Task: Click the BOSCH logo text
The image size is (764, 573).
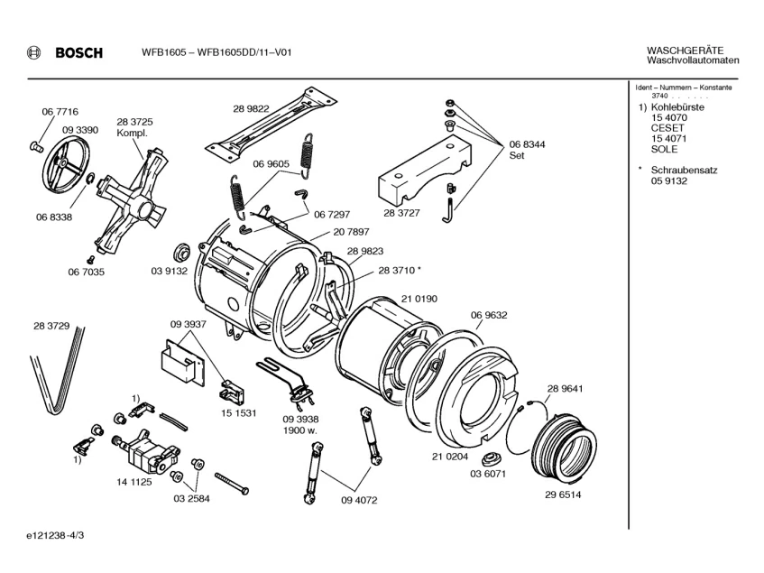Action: point(79,52)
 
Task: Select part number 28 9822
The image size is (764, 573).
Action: point(251,108)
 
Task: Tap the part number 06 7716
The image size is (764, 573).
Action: point(60,112)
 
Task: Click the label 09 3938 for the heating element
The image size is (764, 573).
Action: point(300,419)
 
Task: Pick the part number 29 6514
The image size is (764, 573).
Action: point(563,494)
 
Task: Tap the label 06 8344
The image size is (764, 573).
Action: point(527,144)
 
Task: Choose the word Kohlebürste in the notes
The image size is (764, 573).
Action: point(677,107)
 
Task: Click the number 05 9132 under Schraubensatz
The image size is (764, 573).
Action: point(669,181)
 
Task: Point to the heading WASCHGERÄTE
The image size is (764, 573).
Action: point(685,51)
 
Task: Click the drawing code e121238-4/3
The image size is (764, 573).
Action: point(55,535)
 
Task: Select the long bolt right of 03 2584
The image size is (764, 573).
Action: point(232,484)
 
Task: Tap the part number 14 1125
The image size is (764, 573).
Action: point(134,482)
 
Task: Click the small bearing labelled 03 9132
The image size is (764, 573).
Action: point(182,254)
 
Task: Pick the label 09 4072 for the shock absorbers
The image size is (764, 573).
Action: point(359,500)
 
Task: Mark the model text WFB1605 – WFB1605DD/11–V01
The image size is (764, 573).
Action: point(216,52)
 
